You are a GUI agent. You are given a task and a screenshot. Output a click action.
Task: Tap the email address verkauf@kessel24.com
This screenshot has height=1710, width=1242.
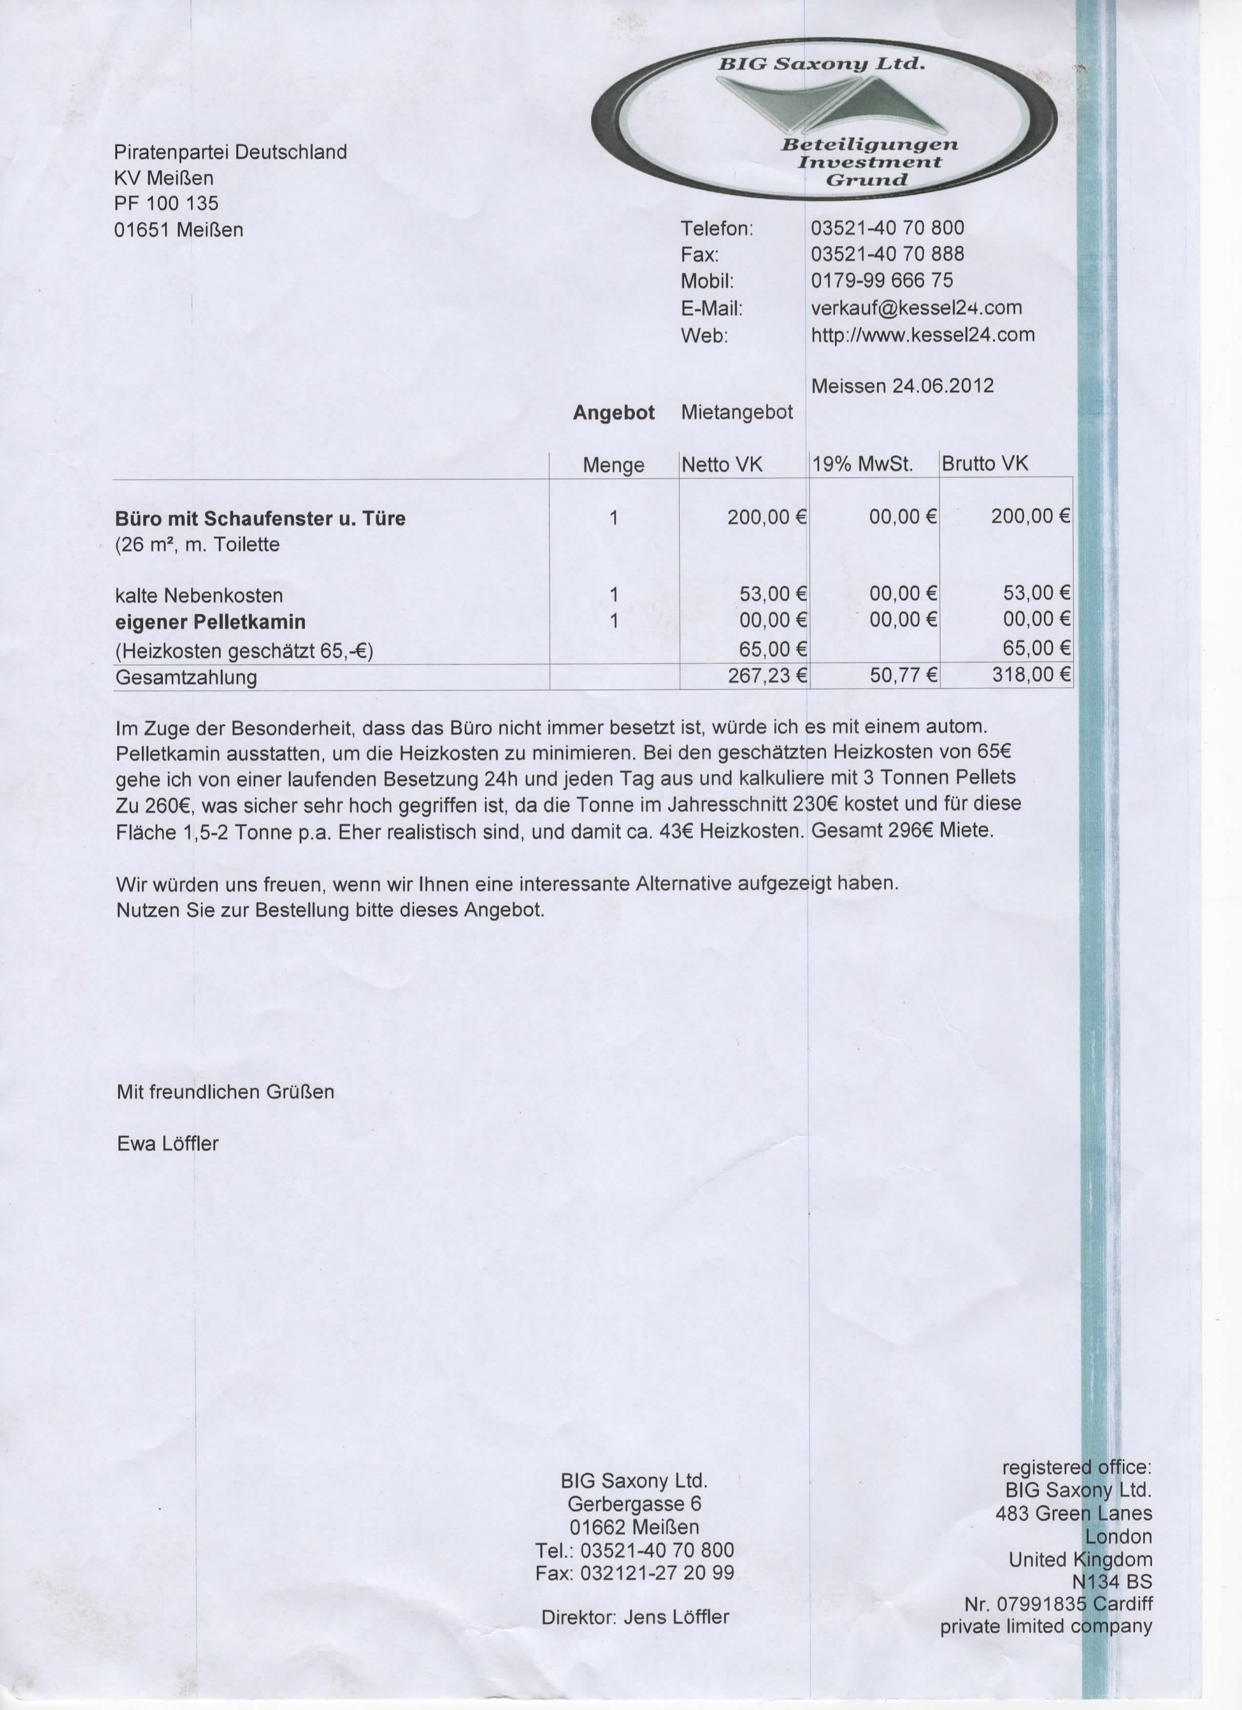[x=916, y=307]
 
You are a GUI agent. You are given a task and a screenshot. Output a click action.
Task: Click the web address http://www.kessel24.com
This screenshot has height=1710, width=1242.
[x=922, y=335]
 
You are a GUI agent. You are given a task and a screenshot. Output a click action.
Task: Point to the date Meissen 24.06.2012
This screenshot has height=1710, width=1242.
[x=902, y=386]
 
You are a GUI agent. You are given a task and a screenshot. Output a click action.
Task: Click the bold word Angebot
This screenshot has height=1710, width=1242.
[x=613, y=413]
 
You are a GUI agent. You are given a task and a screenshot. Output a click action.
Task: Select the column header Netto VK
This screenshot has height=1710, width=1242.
[x=722, y=465]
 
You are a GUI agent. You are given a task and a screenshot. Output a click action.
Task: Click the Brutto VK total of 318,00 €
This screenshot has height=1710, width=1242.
[x=1030, y=674]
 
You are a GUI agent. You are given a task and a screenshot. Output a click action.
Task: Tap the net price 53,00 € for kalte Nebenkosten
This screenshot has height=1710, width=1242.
[x=772, y=594]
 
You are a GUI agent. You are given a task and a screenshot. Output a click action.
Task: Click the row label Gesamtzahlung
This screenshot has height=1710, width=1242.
[x=186, y=677]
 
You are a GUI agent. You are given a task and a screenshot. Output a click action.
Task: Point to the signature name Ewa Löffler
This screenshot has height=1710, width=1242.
[x=167, y=1144]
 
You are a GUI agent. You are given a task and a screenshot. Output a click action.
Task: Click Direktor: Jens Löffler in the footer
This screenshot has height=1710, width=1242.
[x=635, y=1617]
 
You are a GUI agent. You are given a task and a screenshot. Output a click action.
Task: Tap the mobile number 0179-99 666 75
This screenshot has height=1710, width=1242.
[x=882, y=281]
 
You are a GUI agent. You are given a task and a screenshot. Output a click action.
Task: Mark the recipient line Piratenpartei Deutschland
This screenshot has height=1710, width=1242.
[x=230, y=152]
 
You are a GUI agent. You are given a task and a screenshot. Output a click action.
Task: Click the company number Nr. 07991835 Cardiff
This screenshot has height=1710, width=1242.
[x=1057, y=1603]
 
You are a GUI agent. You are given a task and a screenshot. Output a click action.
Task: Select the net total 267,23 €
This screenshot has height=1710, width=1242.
[x=766, y=675]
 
